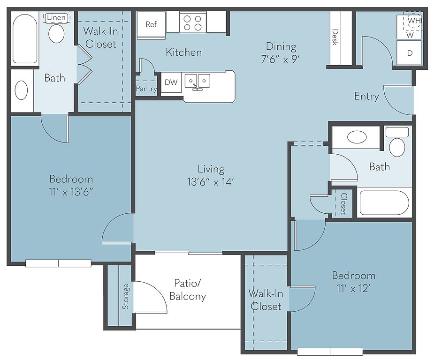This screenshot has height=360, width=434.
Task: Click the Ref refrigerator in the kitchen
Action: pos(151,24)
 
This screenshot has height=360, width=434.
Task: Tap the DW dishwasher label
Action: pos(171,82)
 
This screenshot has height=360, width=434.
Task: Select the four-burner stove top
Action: pos(193,23)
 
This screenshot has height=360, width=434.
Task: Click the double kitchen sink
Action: pos(198,82)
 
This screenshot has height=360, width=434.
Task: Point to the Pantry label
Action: pos(146,89)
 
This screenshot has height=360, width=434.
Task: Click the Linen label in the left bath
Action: pos(56,18)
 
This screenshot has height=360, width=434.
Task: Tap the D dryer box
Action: pos(409,53)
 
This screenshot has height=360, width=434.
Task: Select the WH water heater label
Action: pos(414,21)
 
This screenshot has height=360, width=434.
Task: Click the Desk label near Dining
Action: pos(335,37)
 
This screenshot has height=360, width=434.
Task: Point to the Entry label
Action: pos(366,96)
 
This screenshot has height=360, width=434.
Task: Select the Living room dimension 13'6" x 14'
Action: pos(211,182)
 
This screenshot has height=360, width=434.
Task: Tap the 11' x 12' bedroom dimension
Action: pos(353,288)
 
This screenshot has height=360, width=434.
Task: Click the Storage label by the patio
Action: pos(126,296)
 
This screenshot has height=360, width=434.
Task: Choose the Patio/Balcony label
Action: pos(188,290)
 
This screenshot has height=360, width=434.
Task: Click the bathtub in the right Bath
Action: pos(384,202)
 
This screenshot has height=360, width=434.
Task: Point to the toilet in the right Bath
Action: pos(397,142)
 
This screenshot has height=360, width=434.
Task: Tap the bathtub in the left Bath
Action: pos(25,39)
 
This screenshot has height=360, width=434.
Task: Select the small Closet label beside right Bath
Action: pos(344,203)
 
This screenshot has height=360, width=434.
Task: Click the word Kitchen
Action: pos(184,52)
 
